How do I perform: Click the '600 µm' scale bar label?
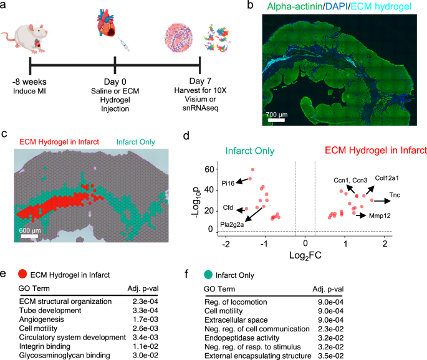click(31, 229)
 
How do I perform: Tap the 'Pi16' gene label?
click(228, 183)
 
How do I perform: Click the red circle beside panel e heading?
click(22, 273)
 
